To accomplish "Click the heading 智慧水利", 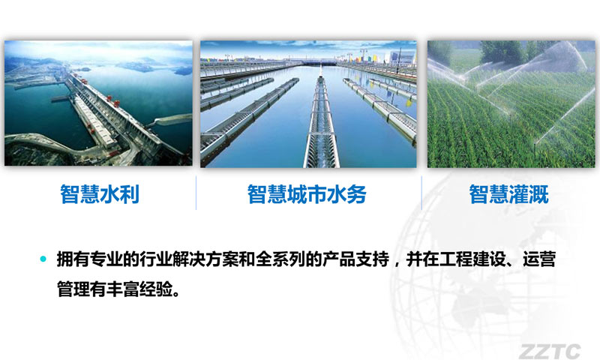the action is [100, 194].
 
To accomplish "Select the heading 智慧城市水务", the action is [307, 194].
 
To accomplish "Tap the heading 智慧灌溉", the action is [509, 194].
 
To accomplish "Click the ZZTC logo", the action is [550, 351].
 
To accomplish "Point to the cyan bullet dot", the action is [43, 259].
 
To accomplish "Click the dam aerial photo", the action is [98, 103].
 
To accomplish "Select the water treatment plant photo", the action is [308, 104].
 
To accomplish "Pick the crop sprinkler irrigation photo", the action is [511, 104].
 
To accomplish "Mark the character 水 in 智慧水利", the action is [109, 194].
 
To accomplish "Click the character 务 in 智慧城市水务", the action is [357, 194].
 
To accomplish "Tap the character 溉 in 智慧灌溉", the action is [538, 194].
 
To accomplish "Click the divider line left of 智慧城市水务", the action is [196, 193].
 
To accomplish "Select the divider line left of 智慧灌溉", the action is [421, 193].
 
